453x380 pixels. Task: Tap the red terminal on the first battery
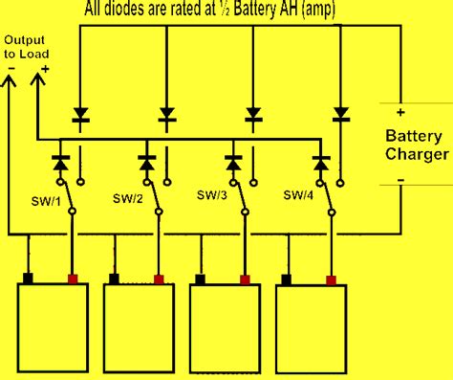pyautogui.click(x=72, y=279)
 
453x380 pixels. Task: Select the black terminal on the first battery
pyautogui.click(x=29, y=279)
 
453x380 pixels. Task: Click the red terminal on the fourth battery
pyautogui.click(x=332, y=279)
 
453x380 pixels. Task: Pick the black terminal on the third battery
pyautogui.click(x=202, y=279)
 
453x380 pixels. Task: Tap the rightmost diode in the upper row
pyautogui.click(x=340, y=115)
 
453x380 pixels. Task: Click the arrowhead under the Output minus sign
pyautogui.click(x=11, y=83)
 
